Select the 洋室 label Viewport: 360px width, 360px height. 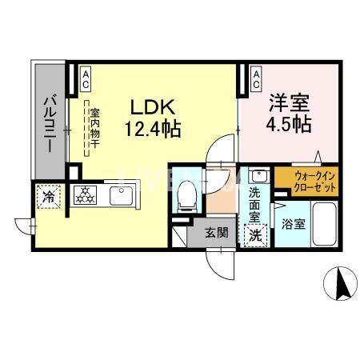point(288,104)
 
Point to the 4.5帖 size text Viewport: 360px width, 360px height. point(288,125)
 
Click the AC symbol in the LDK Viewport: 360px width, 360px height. point(86,77)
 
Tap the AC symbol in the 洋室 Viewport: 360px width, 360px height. point(255,77)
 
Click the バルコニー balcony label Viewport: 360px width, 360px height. point(48,124)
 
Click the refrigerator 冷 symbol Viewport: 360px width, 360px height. point(48,195)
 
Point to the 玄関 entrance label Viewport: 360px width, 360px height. point(215,234)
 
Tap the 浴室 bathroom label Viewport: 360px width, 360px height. point(293,225)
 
